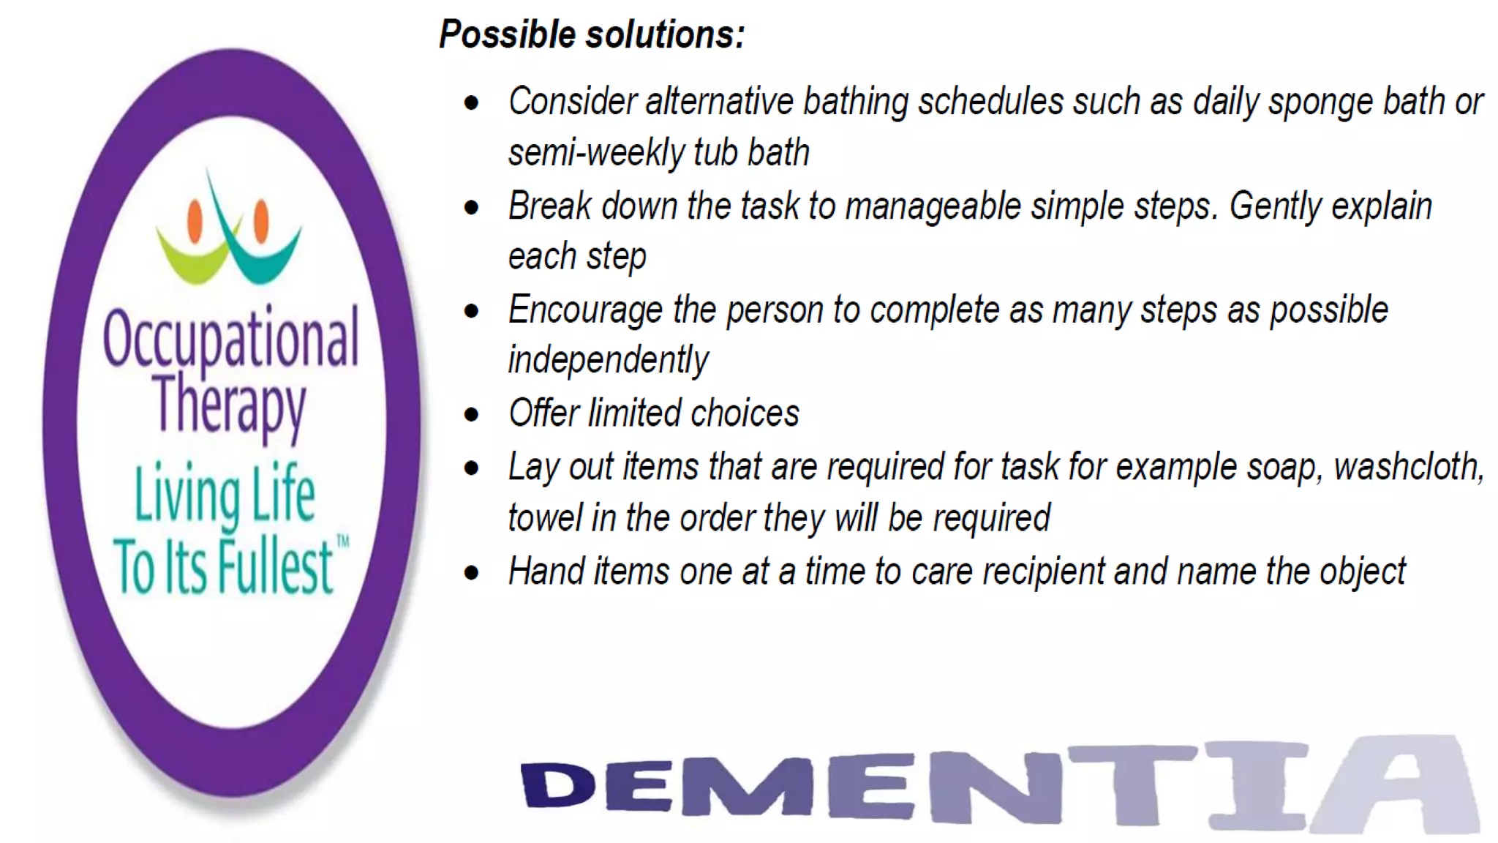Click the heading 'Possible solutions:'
click(591, 34)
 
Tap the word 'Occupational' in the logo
click(230, 339)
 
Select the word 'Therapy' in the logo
click(229, 405)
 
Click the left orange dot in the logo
click(195, 220)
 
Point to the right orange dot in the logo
click(261, 220)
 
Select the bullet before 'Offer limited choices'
click(472, 415)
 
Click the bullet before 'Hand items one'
click(472, 572)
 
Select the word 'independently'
click(608, 360)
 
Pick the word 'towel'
click(544, 518)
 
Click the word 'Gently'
click(1274, 207)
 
